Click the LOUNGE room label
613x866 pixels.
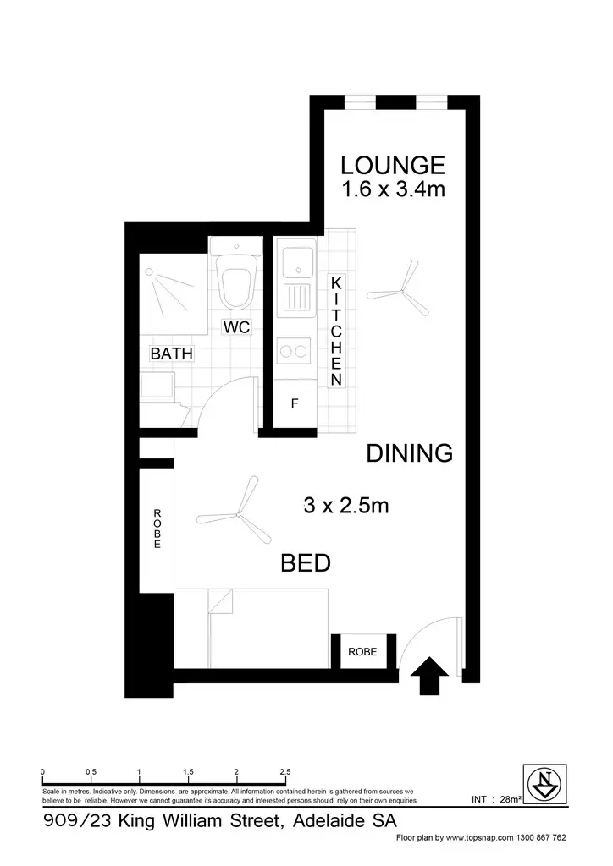pyautogui.click(x=392, y=164)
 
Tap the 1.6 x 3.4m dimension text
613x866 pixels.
pyautogui.click(x=392, y=189)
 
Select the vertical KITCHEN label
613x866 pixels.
pyautogui.click(x=336, y=331)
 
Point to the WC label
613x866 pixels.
pyautogui.click(x=236, y=327)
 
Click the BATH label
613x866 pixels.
pyautogui.click(x=172, y=354)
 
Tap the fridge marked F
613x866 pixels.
pyautogui.click(x=295, y=404)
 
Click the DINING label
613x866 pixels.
pyautogui.click(x=410, y=453)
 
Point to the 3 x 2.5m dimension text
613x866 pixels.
pyautogui.click(x=345, y=506)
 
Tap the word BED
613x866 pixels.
pyautogui.click(x=306, y=563)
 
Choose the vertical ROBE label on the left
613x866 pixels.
pyautogui.click(x=157, y=529)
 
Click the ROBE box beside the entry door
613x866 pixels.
pyautogui.click(x=362, y=652)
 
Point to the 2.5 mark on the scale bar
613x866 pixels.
pyautogui.click(x=285, y=772)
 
